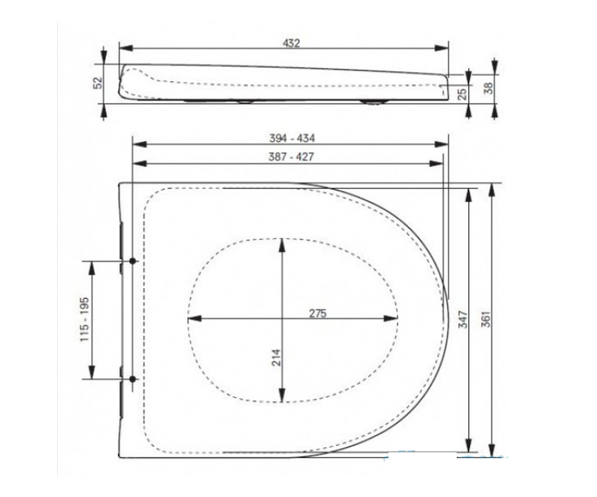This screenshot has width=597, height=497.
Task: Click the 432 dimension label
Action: tap(291, 43)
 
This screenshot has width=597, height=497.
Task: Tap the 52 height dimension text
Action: tap(98, 83)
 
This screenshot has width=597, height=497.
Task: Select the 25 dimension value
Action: tap(462, 94)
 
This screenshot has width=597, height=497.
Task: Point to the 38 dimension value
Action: tap(489, 88)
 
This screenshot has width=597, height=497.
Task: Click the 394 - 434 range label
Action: tap(292, 138)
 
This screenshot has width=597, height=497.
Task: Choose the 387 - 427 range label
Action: tap(291, 157)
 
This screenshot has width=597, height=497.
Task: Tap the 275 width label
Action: tap(317, 314)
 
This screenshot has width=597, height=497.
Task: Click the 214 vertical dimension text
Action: tap(277, 358)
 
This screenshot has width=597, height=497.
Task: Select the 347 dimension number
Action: tap(463, 320)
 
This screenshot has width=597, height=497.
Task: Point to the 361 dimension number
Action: tap(486, 319)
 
